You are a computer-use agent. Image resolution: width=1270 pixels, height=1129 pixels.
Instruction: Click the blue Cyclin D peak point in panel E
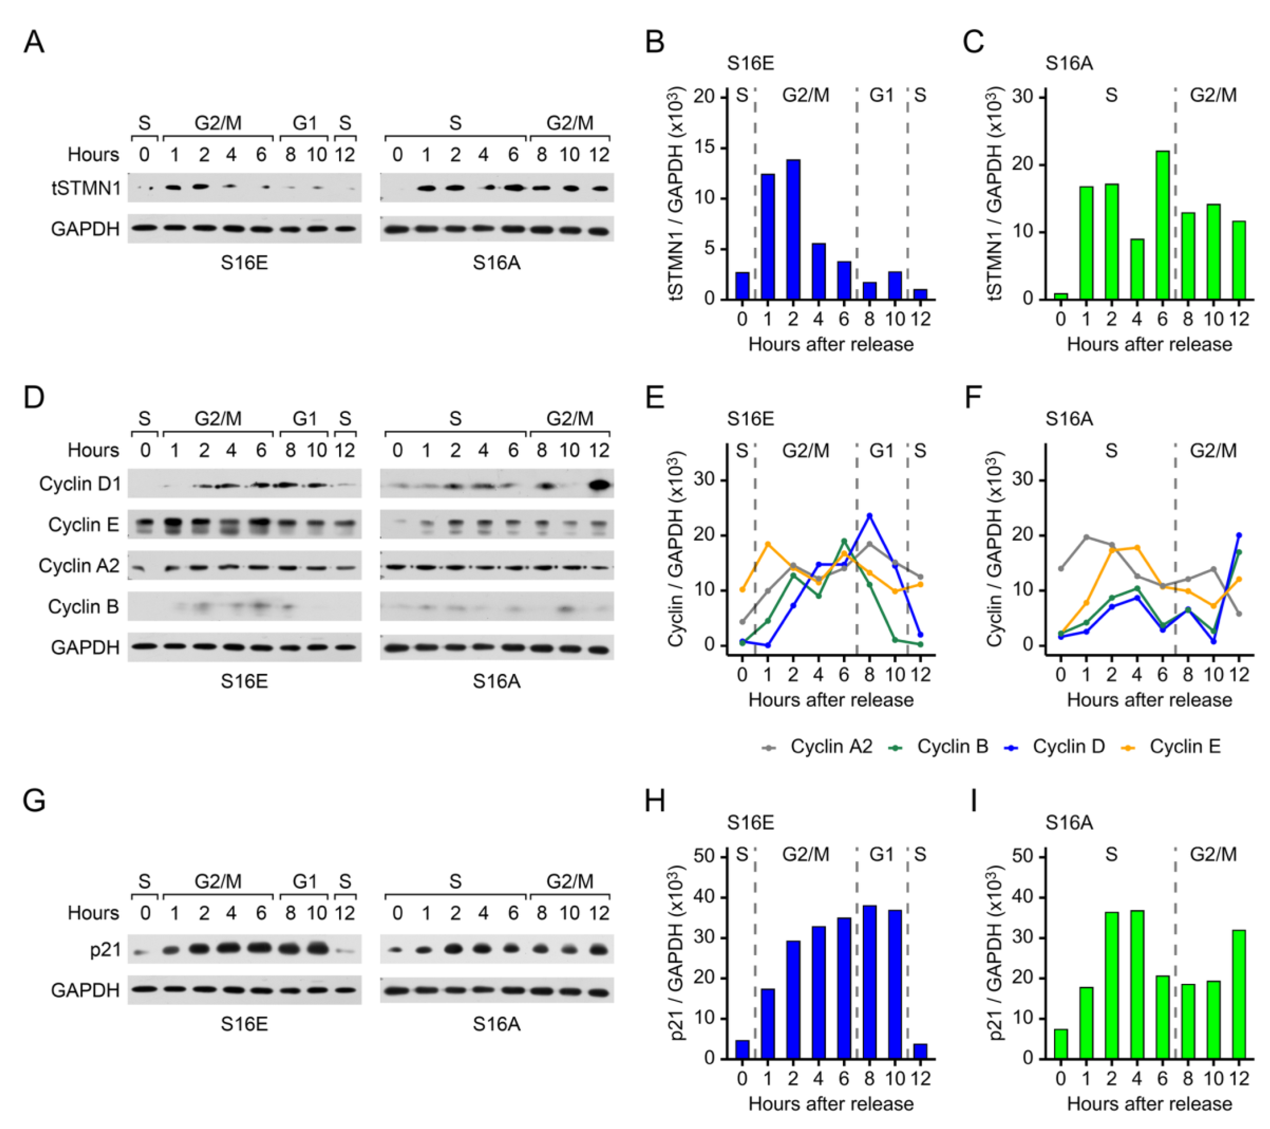pos(869,516)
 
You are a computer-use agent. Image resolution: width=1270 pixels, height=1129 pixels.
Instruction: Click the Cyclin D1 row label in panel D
pos(80,484)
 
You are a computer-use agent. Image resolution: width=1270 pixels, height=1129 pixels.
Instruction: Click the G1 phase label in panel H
pos(881,855)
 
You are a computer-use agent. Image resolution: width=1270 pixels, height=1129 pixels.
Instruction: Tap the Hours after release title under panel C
pos(1149,344)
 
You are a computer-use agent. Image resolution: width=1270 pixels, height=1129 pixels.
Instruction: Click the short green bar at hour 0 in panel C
pos(1061,296)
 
